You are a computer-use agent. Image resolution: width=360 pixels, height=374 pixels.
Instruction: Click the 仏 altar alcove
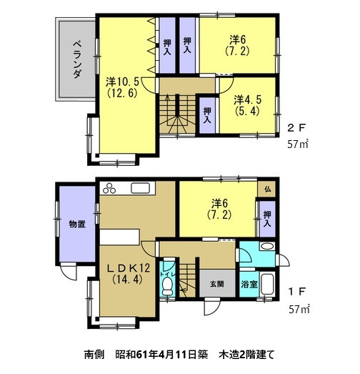[x=268, y=189]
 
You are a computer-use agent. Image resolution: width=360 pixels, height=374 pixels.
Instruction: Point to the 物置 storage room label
[x=77, y=225]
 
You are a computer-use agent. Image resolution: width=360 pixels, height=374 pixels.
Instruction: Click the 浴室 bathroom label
[x=250, y=284]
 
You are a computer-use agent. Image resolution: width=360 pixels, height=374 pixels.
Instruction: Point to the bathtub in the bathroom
[x=270, y=284]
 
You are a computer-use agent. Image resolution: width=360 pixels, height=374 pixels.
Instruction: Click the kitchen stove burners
[x=113, y=189]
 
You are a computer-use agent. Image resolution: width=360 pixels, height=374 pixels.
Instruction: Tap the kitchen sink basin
[x=139, y=189]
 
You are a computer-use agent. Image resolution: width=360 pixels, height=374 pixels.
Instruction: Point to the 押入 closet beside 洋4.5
[x=207, y=115]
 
